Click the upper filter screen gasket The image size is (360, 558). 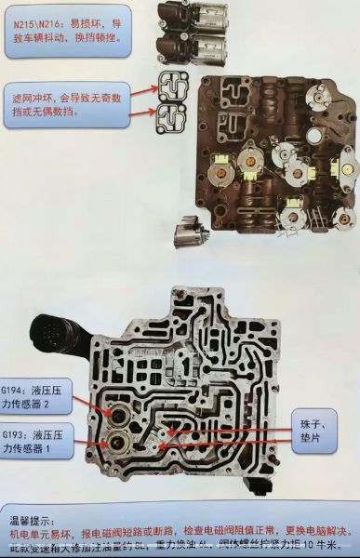click(x=173, y=86)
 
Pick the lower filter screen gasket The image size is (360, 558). click(x=173, y=116)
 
